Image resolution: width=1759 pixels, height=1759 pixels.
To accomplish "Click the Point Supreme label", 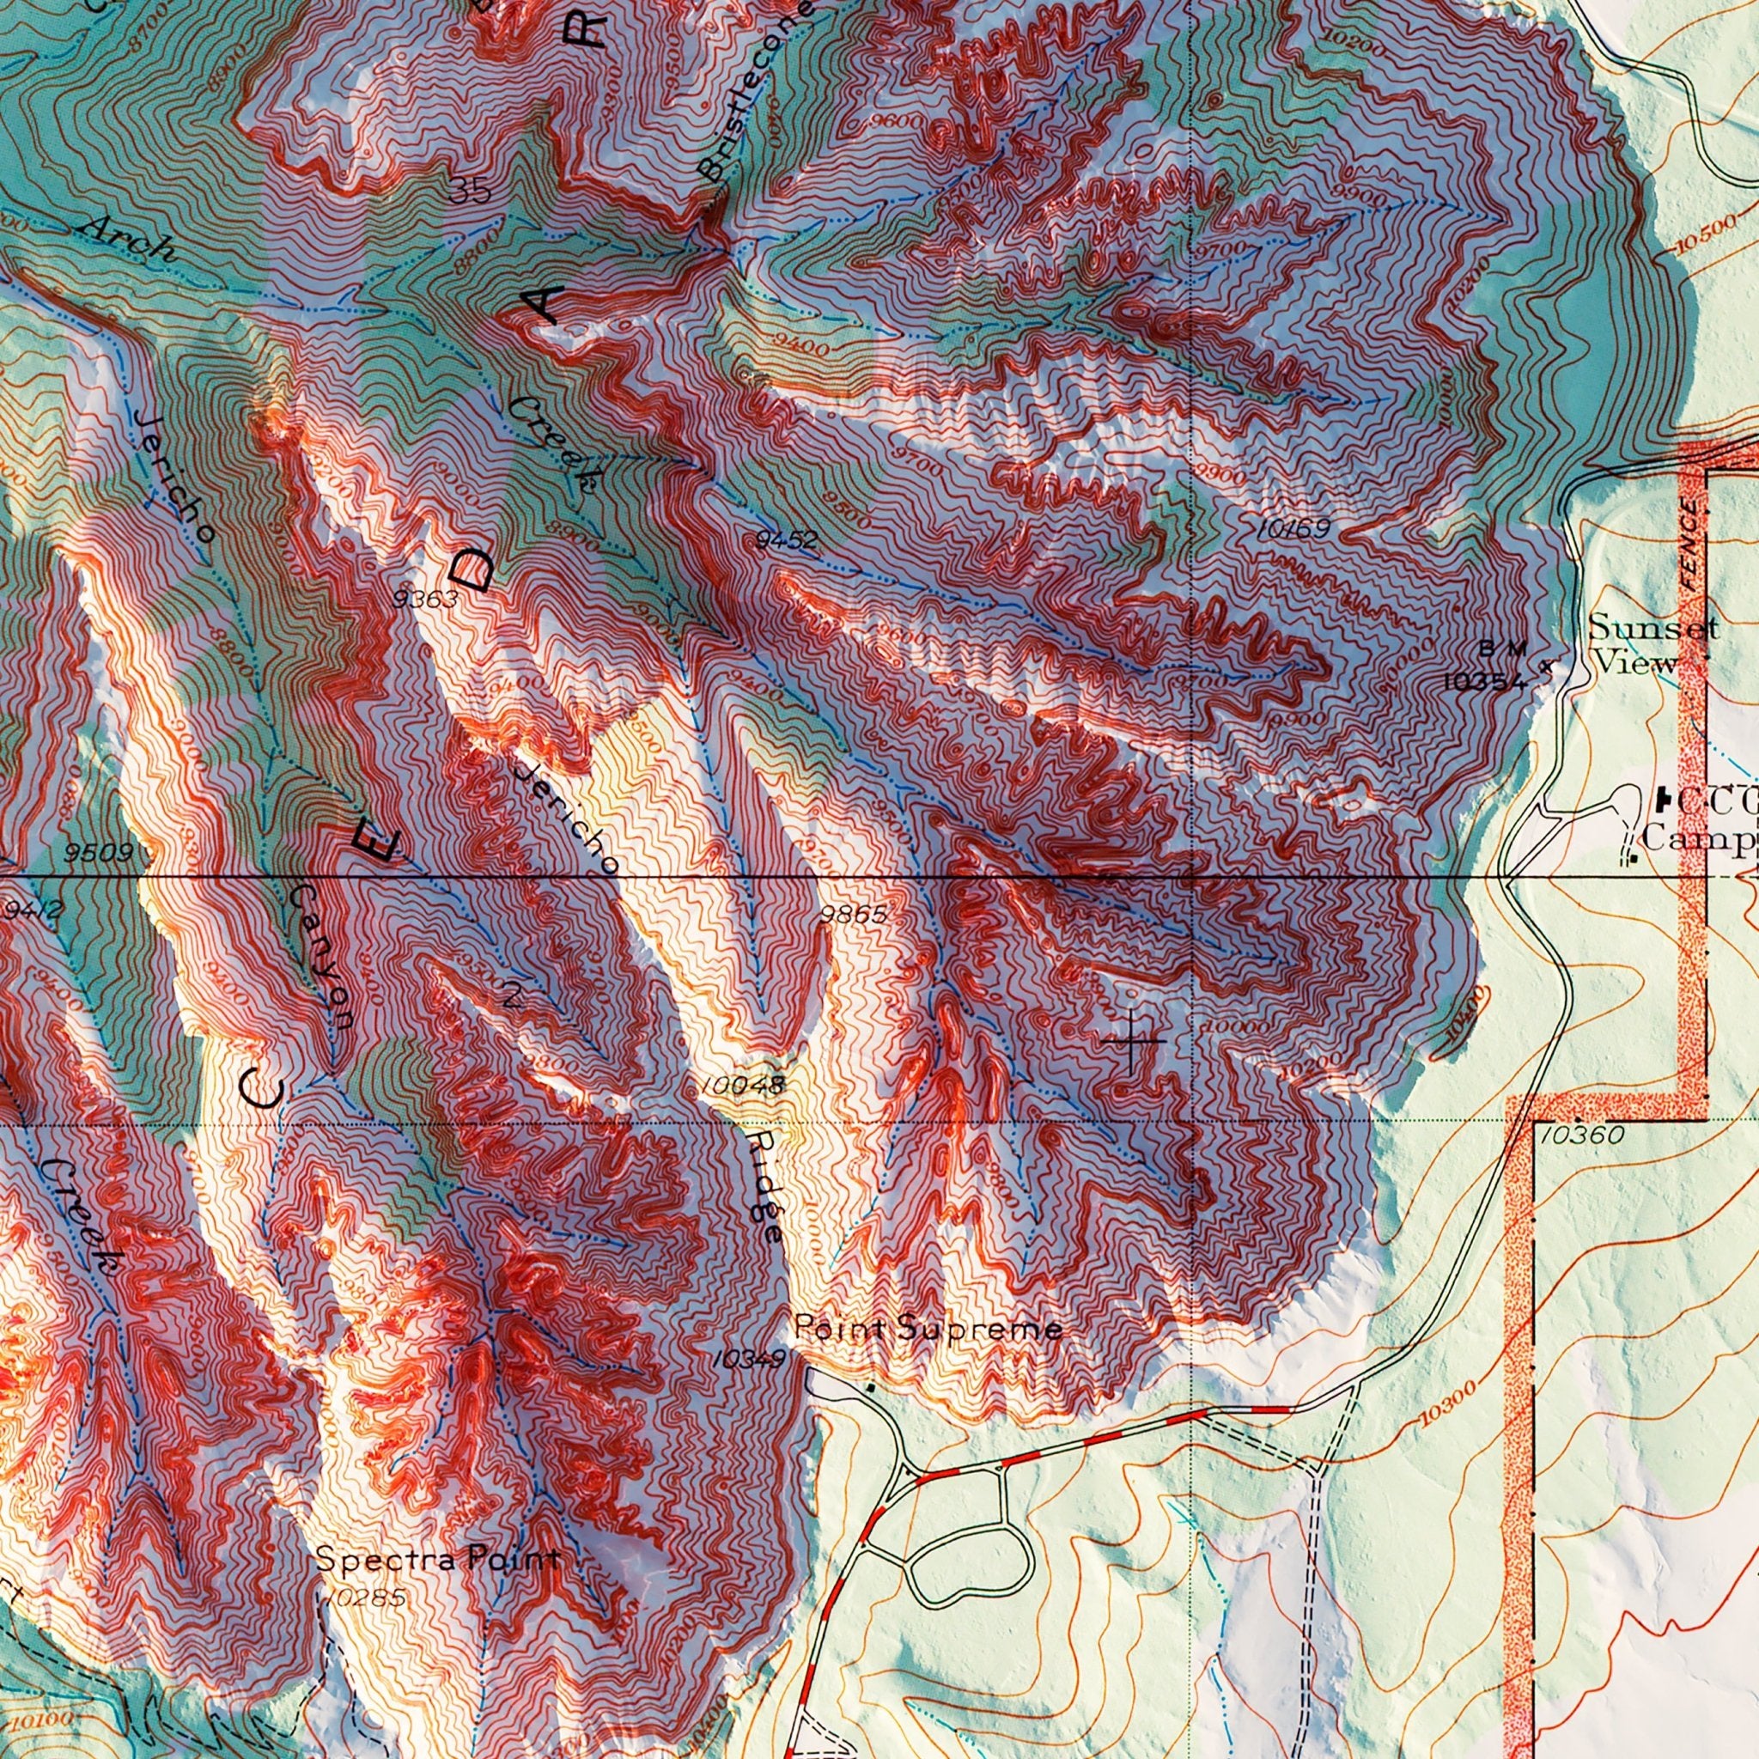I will coord(928,1330).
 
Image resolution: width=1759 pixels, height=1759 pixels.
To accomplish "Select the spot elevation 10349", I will coord(749,1360).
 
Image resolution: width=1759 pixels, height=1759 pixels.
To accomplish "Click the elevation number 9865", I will coord(853,914).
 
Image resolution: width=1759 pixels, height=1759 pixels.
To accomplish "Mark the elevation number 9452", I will coord(786,541).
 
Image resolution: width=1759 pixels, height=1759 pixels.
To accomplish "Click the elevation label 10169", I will coord(1295,529).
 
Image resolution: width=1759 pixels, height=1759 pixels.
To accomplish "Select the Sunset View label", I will coord(1651,645).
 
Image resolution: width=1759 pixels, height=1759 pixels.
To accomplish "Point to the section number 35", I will coord(470,191).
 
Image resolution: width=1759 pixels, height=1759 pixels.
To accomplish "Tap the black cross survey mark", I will coord(1132,1041).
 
